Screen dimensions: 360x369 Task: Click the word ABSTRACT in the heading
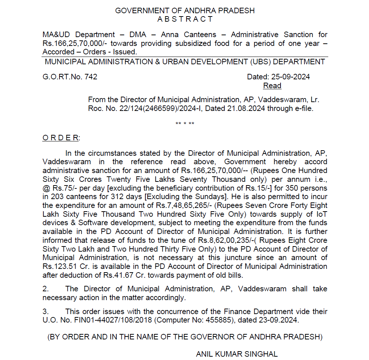[x=185, y=19]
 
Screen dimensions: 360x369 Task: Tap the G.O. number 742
[x=91, y=77]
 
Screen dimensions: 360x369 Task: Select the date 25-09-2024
[x=290, y=77]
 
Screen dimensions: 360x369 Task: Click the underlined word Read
[x=272, y=86]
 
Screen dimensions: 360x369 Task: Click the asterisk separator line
[x=185, y=123]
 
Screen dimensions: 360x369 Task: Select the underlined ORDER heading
[x=61, y=138]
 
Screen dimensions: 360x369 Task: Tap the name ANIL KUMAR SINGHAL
[x=237, y=354]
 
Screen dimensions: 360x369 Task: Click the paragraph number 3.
[x=45, y=312]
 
